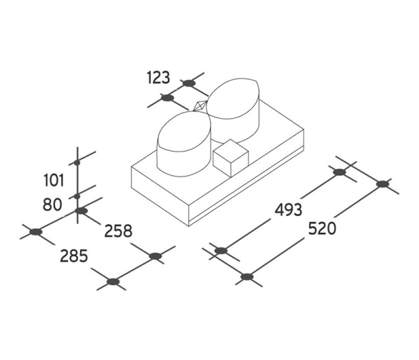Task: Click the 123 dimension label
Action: point(158,77)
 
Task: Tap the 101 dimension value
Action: point(54,181)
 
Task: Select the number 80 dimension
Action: point(53,205)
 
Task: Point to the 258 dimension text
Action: point(118,231)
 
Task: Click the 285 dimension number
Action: point(74,256)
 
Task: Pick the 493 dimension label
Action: point(289,210)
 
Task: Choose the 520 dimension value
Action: point(322,229)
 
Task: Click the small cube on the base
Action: point(231,158)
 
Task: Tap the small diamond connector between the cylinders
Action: point(200,106)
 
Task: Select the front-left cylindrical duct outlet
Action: point(184,144)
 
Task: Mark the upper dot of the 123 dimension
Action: point(188,83)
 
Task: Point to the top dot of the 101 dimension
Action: point(77,162)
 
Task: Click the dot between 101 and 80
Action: point(77,196)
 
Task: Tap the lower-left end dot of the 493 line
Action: point(221,251)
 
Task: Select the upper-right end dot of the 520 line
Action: point(382,184)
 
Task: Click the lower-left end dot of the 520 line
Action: point(247,276)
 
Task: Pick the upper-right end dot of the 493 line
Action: point(340,173)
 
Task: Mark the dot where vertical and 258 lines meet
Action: point(81,211)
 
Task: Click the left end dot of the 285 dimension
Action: point(36,232)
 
